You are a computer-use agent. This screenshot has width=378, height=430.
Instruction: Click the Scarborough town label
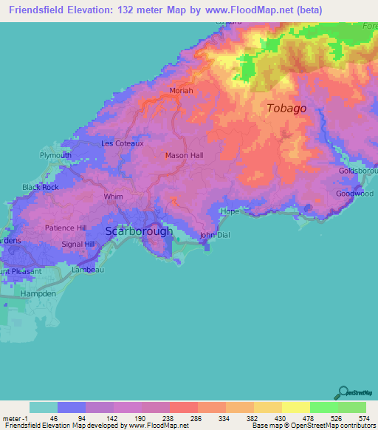click(139, 231)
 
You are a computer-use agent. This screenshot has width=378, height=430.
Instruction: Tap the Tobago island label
click(286, 109)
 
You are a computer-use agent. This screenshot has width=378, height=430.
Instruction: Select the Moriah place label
click(181, 91)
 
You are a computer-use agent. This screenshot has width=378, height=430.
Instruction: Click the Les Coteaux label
click(122, 143)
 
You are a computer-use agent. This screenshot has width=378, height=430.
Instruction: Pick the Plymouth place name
click(56, 156)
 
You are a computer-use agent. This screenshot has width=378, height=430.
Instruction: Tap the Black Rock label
click(41, 188)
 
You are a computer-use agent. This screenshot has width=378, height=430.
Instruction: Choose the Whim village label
click(114, 197)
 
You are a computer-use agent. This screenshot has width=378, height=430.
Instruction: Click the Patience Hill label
click(66, 228)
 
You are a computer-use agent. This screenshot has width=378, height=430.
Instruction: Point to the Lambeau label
click(87, 270)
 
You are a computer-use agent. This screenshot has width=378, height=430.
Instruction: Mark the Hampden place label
click(38, 293)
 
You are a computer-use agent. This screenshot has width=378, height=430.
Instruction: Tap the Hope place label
click(229, 211)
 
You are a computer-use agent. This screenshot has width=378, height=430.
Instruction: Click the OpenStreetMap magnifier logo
click(343, 392)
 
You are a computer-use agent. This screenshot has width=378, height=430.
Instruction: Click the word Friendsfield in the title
click(34, 10)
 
